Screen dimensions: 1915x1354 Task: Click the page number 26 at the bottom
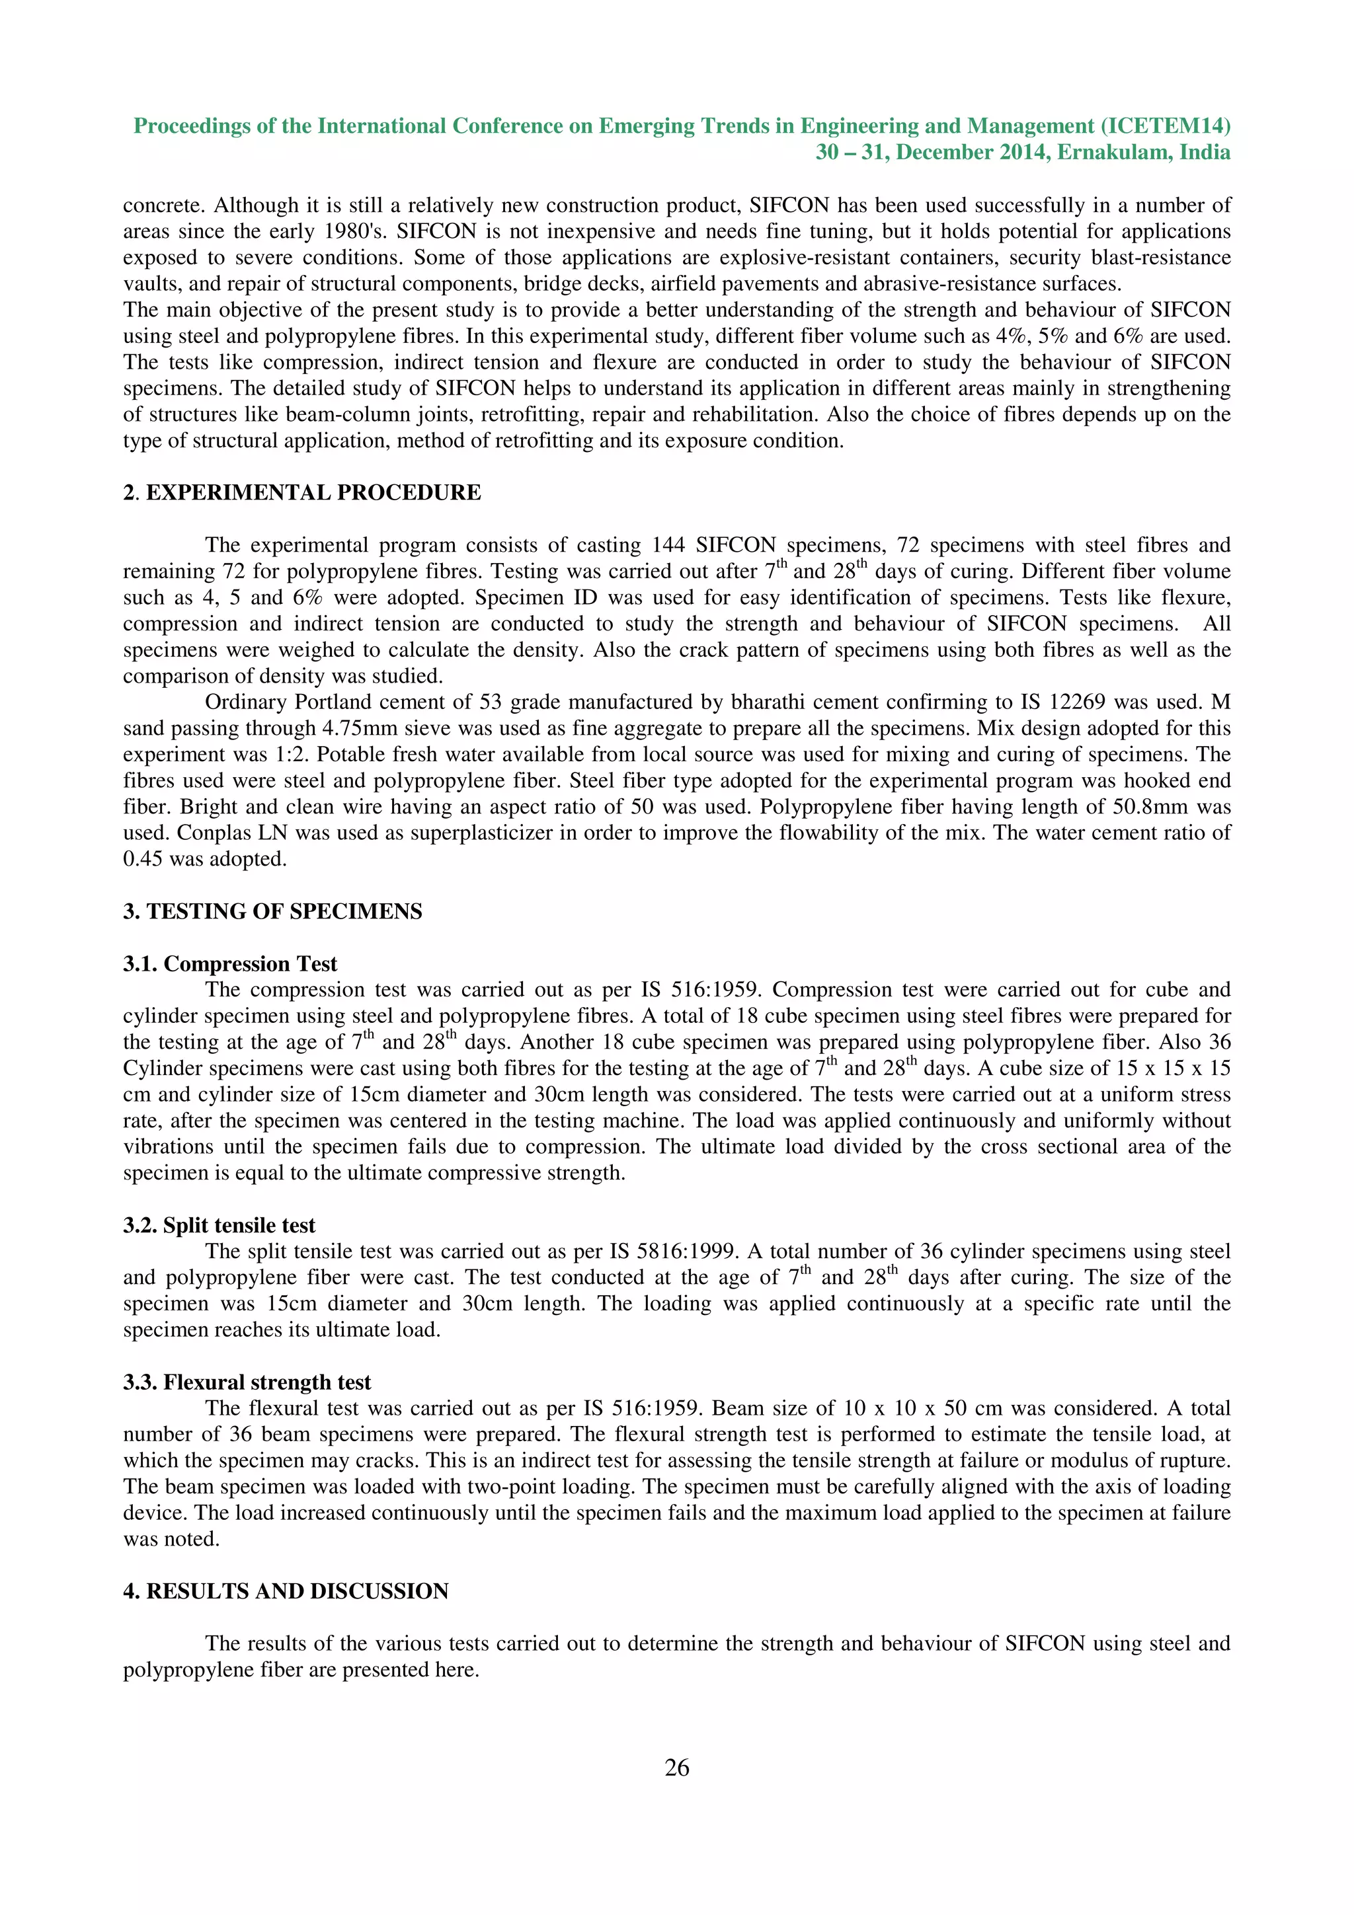click(x=676, y=1766)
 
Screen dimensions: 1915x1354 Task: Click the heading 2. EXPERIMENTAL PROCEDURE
click(x=302, y=493)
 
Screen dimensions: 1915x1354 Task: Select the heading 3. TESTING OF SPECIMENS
click(x=273, y=912)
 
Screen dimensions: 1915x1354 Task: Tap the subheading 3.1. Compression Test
click(x=230, y=964)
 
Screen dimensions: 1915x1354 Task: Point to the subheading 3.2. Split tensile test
click(x=219, y=1225)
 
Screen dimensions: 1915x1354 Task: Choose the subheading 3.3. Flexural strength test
click(x=247, y=1382)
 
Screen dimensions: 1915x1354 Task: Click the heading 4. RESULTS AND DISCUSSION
click(x=286, y=1591)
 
